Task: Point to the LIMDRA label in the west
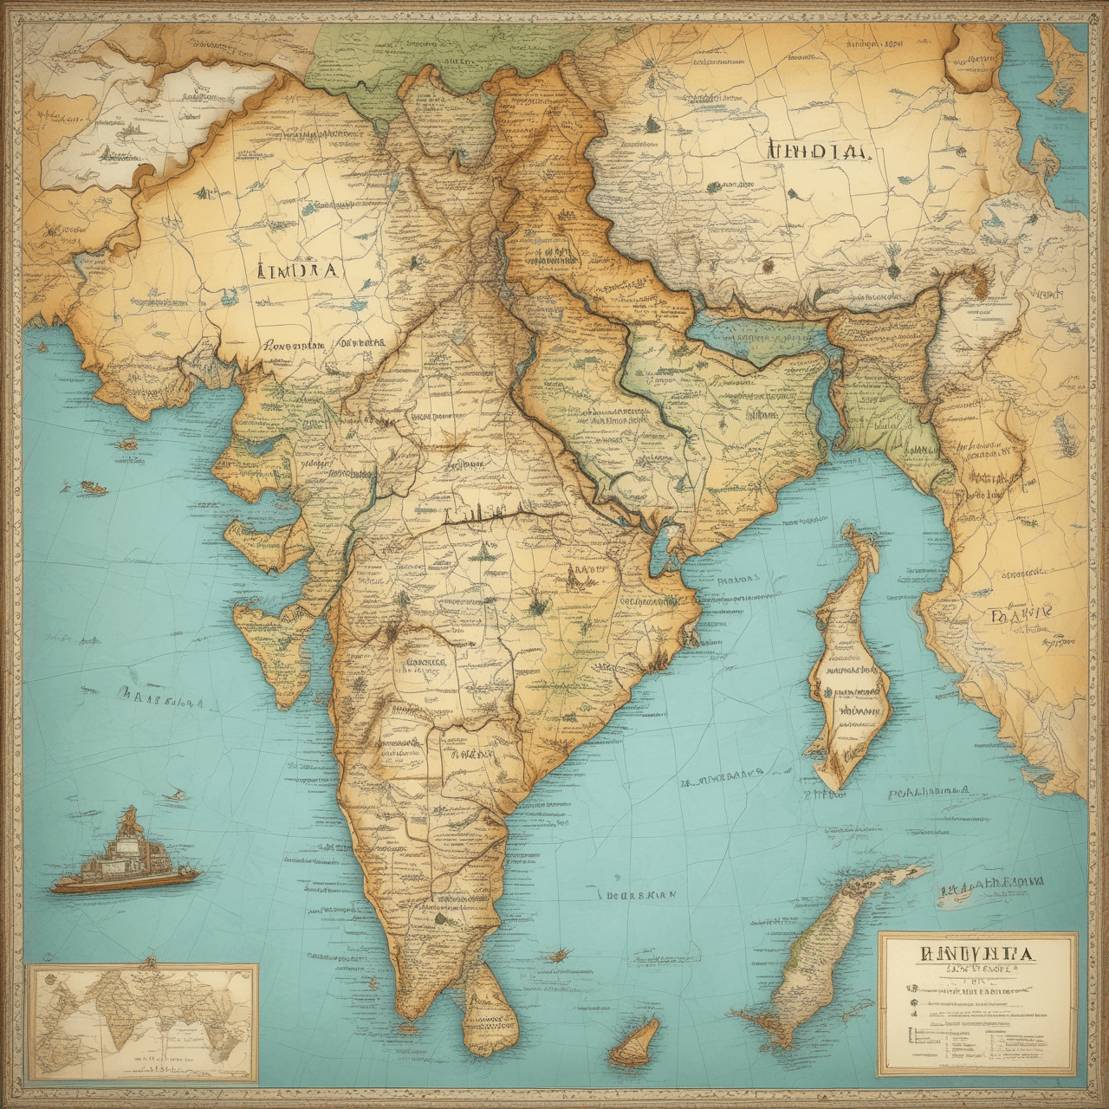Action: (x=298, y=269)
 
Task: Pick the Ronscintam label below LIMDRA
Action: (x=290, y=344)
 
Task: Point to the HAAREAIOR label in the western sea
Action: (x=160, y=697)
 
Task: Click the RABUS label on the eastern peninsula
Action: (x=587, y=572)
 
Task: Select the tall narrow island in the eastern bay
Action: (x=849, y=667)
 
